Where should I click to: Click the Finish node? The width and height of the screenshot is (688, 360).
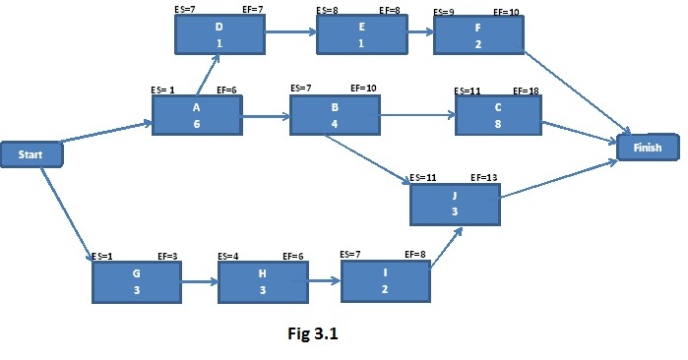(647, 148)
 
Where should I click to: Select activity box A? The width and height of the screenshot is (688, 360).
(196, 114)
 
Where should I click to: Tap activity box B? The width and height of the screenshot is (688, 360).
(334, 114)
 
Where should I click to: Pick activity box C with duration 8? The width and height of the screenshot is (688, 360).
(498, 115)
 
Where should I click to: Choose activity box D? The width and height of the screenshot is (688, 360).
(219, 35)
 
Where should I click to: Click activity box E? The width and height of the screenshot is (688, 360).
(360, 35)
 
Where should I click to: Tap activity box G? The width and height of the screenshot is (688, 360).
(138, 282)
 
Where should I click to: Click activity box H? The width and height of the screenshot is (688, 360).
(262, 283)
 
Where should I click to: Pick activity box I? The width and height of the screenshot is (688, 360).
(385, 281)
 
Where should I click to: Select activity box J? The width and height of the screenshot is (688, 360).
(455, 204)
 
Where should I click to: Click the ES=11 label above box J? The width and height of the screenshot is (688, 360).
(423, 177)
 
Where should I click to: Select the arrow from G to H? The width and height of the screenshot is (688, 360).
(200, 282)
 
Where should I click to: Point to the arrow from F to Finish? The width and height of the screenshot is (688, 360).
(575, 90)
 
